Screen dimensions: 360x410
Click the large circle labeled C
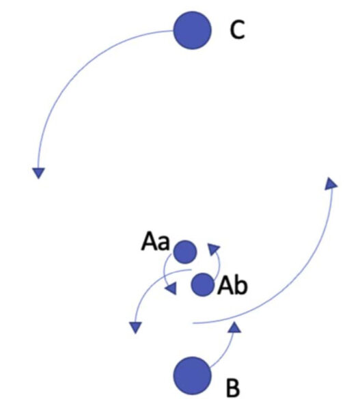192,30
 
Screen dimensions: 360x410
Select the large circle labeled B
192,375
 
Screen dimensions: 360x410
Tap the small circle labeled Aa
185,251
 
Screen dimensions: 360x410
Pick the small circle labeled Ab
203,284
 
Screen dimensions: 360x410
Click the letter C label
238,30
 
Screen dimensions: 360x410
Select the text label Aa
155,242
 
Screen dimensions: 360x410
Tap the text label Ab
232,286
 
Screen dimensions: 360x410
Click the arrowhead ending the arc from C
39,173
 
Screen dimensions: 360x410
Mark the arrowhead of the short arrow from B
234,327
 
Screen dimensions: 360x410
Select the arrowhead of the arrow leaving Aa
171,288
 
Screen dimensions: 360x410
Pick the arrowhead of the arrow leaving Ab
213,249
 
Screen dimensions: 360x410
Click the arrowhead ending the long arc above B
331,184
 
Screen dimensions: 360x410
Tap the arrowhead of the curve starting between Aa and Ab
136,327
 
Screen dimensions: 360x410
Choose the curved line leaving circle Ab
219,264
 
